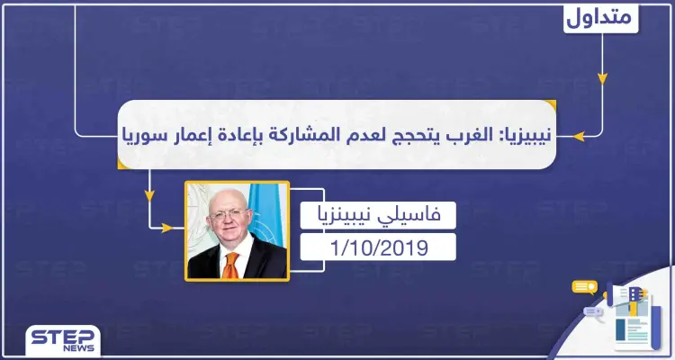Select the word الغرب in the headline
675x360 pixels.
(462, 137)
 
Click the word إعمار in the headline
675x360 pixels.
(198, 137)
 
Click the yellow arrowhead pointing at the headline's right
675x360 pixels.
(580, 137)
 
